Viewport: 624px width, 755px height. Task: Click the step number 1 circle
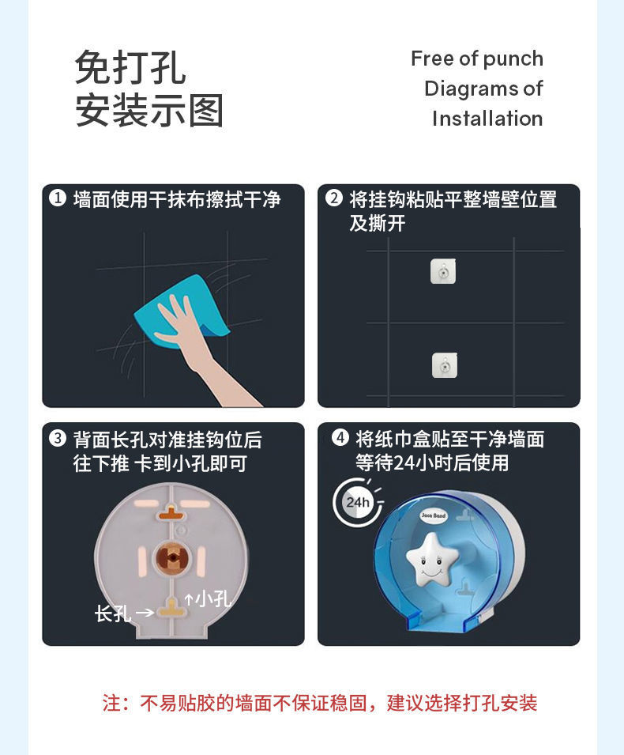[57, 198]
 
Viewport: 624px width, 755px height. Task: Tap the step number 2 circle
[333, 198]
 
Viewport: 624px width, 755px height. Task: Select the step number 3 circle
[57, 439]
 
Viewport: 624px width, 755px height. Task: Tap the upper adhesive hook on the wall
[443, 271]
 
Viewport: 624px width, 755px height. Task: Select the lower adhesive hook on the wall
[444, 364]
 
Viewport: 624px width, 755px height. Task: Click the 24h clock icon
[357, 502]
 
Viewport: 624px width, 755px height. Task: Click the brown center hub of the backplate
[171, 556]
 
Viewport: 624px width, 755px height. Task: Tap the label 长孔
[112, 613]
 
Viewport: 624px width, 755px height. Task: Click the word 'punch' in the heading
[513, 59]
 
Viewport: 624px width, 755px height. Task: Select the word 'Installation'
[487, 119]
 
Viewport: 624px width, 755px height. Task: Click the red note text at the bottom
[319, 703]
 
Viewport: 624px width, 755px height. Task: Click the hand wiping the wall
[190, 340]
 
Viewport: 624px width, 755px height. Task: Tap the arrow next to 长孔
[145, 612]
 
